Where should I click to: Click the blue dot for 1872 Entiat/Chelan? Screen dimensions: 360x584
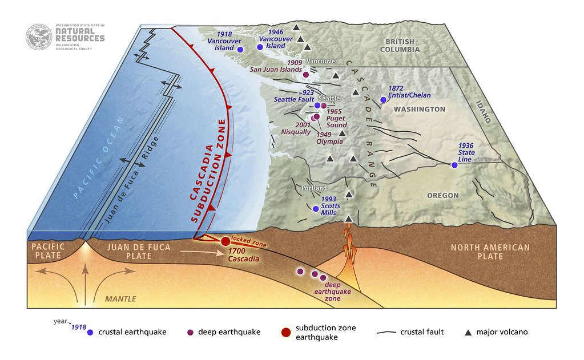click(x=383, y=99)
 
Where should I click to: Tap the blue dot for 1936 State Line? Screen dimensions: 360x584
click(x=454, y=165)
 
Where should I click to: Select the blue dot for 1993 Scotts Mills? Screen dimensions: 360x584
click(x=316, y=208)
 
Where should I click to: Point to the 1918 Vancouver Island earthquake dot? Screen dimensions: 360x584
click(x=240, y=50)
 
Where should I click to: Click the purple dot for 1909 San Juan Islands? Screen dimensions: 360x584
click(x=305, y=75)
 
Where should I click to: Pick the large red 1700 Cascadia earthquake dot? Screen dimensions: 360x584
click(x=225, y=241)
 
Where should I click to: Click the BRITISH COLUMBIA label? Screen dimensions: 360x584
click(x=402, y=45)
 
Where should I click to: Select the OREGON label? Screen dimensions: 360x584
click(x=442, y=196)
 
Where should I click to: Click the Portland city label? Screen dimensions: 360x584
click(x=314, y=188)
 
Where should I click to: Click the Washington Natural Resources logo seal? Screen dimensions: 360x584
click(x=39, y=37)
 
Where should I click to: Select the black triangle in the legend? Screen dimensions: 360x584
click(x=468, y=331)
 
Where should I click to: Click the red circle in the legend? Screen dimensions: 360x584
click(x=285, y=332)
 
